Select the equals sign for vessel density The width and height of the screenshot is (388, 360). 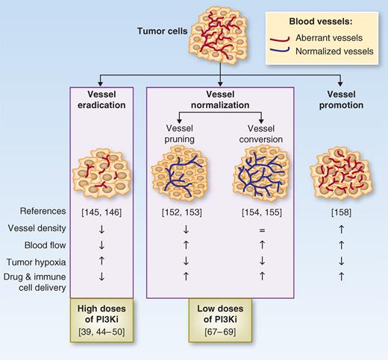click(x=260, y=231)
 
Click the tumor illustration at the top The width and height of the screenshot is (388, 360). click(x=220, y=31)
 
